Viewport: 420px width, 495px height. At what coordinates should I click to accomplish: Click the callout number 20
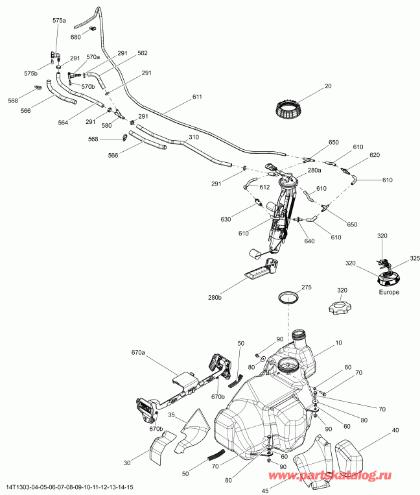pyautogui.click(x=328, y=86)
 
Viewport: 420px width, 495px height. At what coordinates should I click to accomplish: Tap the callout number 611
pyautogui.click(x=197, y=97)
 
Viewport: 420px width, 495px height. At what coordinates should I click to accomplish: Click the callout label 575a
pyautogui.click(x=59, y=21)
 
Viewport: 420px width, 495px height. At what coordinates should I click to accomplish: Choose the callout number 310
pyautogui.click(x=193, y=138)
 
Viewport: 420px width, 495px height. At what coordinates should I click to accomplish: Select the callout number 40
pyautogui.click(x=394, y=429)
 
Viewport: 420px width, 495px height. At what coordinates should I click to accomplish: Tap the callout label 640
pyautogui.click(x=310, y=242)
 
